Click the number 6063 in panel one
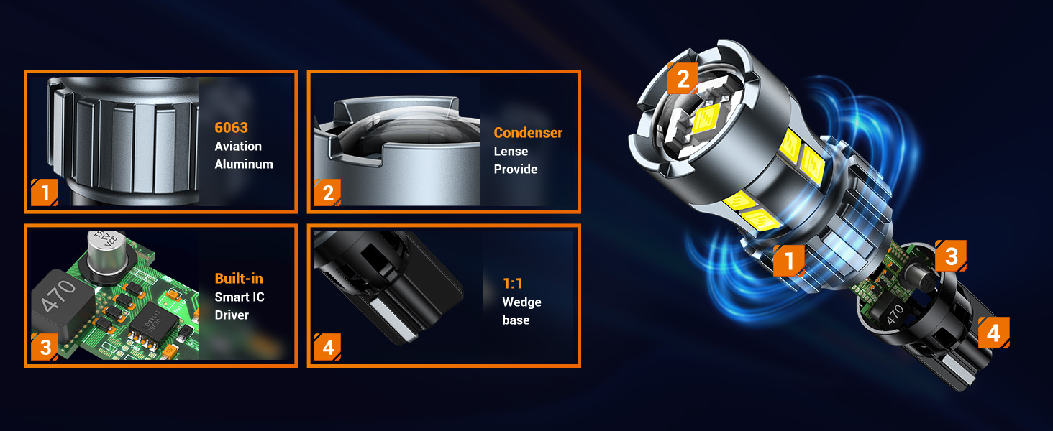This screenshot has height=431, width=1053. [231, 128]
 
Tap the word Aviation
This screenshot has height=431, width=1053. [238, 146]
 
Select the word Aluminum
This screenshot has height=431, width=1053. [244, 164]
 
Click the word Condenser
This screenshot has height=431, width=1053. [528, 133]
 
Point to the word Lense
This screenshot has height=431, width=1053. [511, 151]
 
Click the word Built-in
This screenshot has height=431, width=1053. [239, 279]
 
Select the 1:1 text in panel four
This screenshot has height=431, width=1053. [512, 284]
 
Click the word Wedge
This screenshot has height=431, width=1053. [521, 302]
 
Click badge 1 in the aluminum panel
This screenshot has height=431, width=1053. [45, 193]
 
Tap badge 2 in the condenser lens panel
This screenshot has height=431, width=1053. [327, 193]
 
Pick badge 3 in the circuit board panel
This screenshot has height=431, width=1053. [45, 348]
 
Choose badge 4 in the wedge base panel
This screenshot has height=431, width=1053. [327, 348]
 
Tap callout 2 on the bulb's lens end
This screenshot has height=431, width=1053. [683, 78]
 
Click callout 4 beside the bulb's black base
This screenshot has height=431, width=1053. [993, 333]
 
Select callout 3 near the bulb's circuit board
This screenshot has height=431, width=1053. [951, 256]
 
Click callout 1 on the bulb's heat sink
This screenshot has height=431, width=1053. [789, 260]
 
